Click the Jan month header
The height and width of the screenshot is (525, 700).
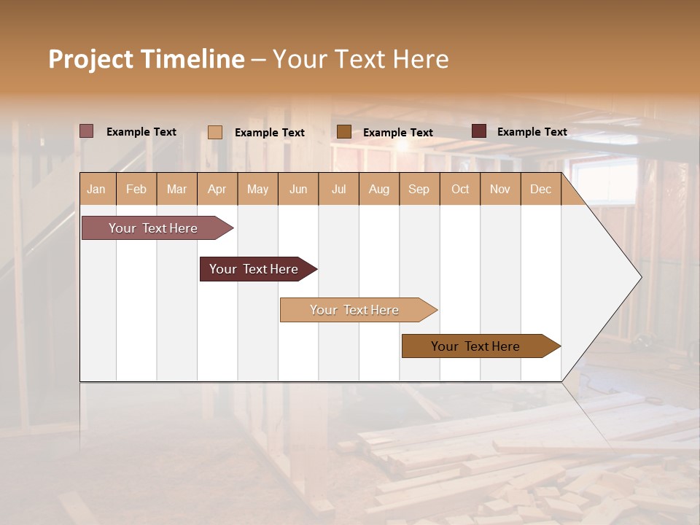tap(96, 190)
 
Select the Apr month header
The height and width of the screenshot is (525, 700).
tap(217, 190)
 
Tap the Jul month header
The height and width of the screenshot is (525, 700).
tap(338, 190)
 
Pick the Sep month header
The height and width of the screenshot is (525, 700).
tap(419, 190)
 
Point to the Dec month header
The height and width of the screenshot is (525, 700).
tap(540, 190)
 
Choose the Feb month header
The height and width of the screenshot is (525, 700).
tap(136, 190)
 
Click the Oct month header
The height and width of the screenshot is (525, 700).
tap(460, 190)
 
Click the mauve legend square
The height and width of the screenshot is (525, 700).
tap(87, 131)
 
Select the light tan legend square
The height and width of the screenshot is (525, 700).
tap(215, 132)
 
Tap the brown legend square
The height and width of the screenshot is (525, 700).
tap(344, 131)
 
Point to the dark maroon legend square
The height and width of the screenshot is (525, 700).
tap(479, 131)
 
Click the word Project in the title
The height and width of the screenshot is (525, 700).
tap(90, 59)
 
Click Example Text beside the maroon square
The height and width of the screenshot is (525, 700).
tap(532, 132)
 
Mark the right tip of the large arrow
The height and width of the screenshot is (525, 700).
tap(640, 277)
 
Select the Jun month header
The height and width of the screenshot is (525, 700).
tap(298, 190)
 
